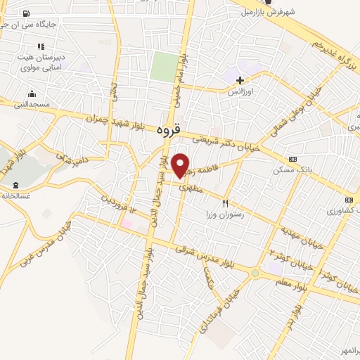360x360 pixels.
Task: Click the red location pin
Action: point(181,165)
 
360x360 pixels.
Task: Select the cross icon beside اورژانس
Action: point(240,80)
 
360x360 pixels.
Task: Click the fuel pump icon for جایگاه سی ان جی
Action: point(26,13)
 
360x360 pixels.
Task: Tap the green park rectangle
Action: point(164,67)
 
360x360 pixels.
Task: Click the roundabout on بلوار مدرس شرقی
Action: point(255,273)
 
